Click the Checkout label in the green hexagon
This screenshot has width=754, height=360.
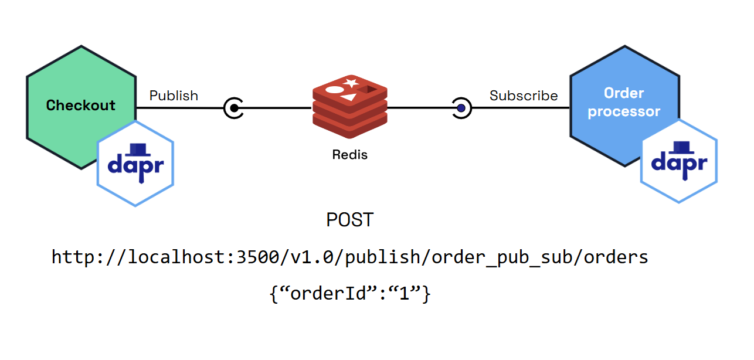[x=81, y=106]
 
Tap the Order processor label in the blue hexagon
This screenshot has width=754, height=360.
[x=624, y=103]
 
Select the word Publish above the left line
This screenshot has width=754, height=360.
[x=174, y=96]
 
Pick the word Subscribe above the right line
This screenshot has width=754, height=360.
[x=524, y=96]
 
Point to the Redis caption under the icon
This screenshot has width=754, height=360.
[x=350, y=155]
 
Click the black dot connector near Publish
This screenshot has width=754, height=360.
[x=234, y=108]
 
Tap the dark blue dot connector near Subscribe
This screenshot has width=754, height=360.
[x=461, y=108]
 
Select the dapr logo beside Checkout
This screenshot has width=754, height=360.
[x=135, y=164]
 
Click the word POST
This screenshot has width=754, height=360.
[x=349, y=220]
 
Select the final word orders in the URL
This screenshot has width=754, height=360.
[x=616, y=257]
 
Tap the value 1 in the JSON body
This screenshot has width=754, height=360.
[x=404, y=294]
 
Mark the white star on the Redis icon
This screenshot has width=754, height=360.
[x=352, y=83]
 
